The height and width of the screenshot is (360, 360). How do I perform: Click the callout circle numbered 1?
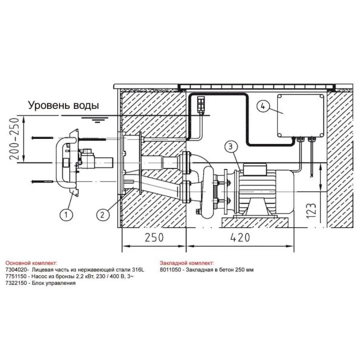tap(66, 215)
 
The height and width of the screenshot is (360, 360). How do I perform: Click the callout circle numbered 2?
tap(102, 215)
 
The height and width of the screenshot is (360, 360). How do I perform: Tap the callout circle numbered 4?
tap(263, 106)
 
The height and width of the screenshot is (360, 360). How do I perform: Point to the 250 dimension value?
tap(154, 237)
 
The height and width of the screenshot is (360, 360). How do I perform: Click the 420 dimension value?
tap(240, 237)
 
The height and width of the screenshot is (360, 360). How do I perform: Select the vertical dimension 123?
tap(311, 211)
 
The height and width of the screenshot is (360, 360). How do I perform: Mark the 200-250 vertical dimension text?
tap(14, 139)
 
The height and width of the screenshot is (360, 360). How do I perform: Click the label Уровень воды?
tap(64, 105)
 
